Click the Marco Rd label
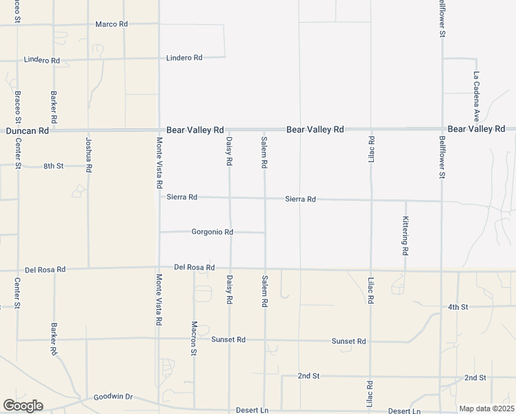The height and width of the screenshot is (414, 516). click(x=112, y=24)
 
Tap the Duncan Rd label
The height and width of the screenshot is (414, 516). click(x=28, y=130)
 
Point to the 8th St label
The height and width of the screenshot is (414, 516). click(x=53, y=166)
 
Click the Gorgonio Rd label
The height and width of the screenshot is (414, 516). click(x=212, y=233)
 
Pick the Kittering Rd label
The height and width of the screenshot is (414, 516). click(x=406, y=235)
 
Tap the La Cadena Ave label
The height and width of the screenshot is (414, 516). click(x=476, y=97)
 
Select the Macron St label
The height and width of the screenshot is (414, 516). click(x=195, y=337)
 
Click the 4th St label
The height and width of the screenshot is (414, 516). click(x=457, y=306)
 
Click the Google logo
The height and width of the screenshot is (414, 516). click(x=23, y=406)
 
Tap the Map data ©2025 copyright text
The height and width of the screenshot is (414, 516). click(x=486, y=408)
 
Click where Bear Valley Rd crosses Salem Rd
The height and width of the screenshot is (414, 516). click(x=264, y=129)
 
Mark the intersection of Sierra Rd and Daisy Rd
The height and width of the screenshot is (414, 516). click(x=230, y=198)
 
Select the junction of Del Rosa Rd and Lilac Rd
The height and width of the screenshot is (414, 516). click(x=371, y=270)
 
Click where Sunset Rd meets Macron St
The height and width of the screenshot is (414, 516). click(x=194, y=339)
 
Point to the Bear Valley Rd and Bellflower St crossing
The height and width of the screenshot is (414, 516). click(x=442, y=128)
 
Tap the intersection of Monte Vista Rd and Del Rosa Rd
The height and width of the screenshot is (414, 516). click(x=159, y=268)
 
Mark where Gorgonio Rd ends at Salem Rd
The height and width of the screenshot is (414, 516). click(x=265, y=233)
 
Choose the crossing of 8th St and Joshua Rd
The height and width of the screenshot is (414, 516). click(x=88, y=166)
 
